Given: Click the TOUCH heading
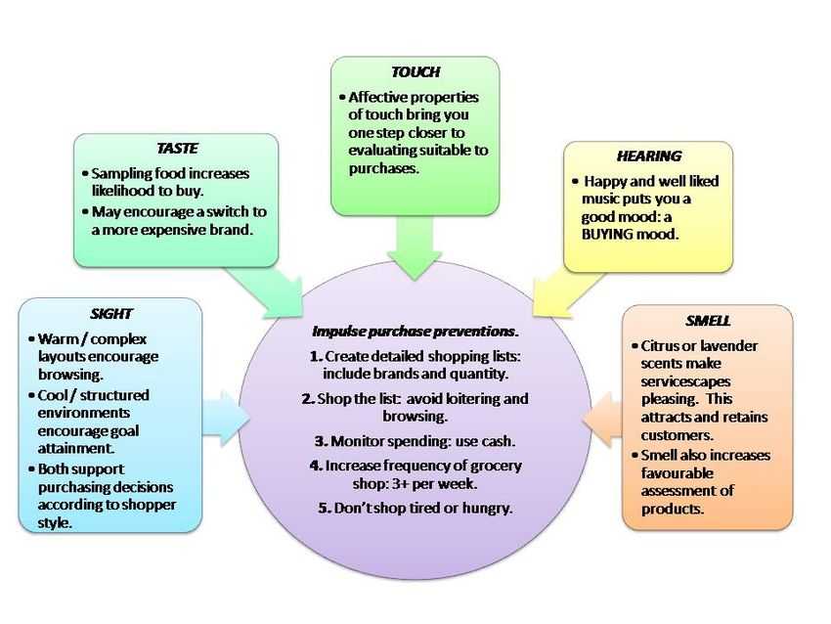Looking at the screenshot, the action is click(x=415, y=71).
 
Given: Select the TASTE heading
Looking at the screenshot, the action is click(x=177, y=148).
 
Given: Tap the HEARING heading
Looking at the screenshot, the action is click(x=649, y=156).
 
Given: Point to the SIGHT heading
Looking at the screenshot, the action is click(x=110, y=314).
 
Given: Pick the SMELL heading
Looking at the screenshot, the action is click(x=708, y=321).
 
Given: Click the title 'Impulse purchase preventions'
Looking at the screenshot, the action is click(x=415, y=332).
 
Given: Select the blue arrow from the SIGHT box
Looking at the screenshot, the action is click(x=226, y=419).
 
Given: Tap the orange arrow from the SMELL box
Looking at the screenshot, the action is click(x=602, y=419).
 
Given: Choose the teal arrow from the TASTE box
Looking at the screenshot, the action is click(x=264, y=292).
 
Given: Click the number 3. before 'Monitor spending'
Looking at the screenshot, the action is click(x=321, y=441).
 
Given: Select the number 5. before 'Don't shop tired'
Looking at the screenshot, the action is click(x=325, y=508).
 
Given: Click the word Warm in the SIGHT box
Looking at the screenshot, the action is click(x=56, y=339).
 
